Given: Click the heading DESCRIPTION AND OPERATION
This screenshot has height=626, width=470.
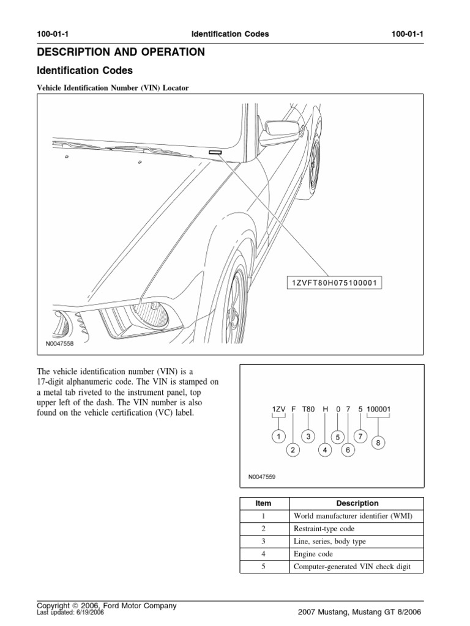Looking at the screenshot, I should click(x=121, y=53).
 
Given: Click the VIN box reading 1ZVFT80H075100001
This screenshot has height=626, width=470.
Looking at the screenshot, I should click(x=334, y=282).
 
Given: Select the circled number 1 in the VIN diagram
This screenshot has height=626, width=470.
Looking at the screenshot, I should click(x=278, y=436).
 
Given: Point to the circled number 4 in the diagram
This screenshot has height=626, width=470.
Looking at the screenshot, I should click(x=326, y=451).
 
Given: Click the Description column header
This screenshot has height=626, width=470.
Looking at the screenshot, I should click(x=357, y=503).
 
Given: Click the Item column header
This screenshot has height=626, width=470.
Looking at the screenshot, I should click(x=263, y=503).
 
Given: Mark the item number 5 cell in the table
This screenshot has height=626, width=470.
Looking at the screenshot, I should click(x=263, y=567).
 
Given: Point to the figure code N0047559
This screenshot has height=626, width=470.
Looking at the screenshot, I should click(x=263, y=477).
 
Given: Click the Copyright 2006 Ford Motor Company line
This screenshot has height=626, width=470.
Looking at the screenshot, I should click(x=106, y=605).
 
